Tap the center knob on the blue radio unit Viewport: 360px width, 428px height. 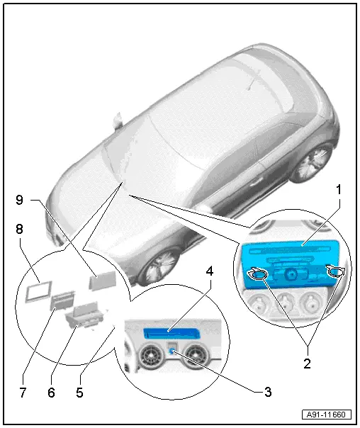(x=292, y=273)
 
